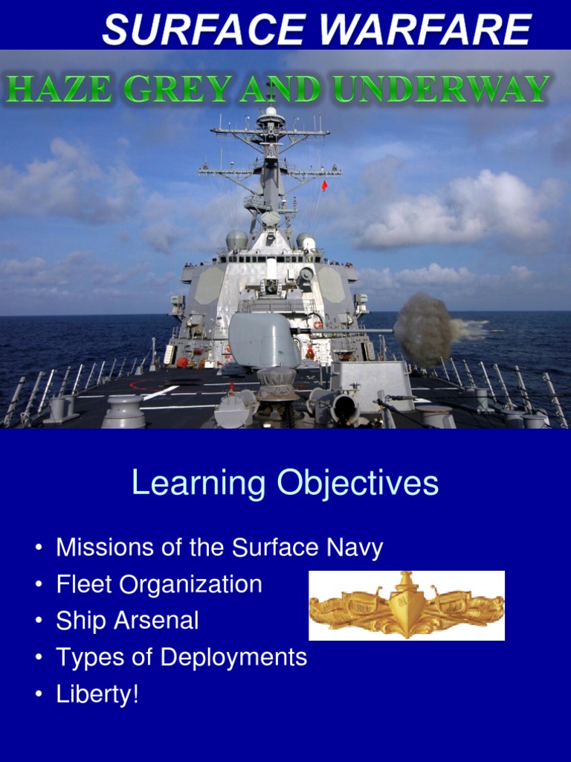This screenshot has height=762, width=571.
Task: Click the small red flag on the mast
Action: point(324,185)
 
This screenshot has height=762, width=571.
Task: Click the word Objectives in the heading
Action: point(358,484)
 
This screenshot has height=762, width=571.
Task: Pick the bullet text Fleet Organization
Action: point(159,584)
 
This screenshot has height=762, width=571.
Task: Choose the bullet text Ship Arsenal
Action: point(127,621)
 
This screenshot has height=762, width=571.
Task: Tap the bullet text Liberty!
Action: point(97,694)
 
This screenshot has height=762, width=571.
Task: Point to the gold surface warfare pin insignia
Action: point(407,606)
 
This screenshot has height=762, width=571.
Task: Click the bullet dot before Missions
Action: point(38,549)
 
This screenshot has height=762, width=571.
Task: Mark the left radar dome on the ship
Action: point(236,240)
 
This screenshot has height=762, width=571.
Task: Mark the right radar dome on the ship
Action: point(306,241)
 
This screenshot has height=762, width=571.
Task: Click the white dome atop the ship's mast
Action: point(271,111)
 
